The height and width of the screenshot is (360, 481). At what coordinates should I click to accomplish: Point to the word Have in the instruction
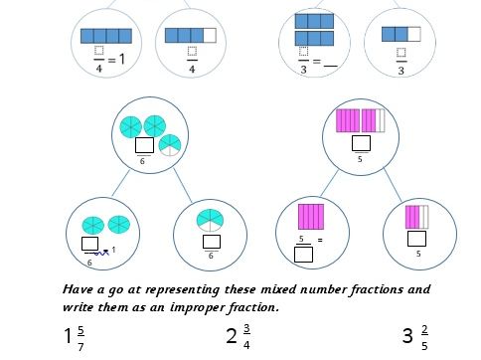80,289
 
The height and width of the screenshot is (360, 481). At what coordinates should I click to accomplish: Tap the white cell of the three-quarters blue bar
210,36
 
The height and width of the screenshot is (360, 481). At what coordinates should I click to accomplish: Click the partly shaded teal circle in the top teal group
170,144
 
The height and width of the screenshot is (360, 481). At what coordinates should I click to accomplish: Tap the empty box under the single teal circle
211,242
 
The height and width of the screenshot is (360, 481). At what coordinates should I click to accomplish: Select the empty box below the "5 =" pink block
304,255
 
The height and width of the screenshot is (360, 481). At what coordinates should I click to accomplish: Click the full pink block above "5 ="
312,216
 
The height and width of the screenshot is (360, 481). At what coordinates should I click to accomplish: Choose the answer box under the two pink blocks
362,141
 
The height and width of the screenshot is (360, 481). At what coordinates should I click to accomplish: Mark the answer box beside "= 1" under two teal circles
89,243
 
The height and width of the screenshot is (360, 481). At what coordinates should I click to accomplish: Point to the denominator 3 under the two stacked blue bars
302,71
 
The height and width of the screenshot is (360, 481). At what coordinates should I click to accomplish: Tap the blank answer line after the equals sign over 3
331,63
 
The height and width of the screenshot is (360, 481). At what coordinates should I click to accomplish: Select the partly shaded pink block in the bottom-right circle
416,216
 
